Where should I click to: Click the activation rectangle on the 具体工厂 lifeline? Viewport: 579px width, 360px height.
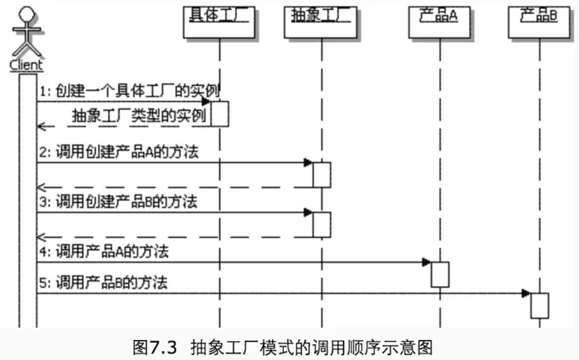(x=220, y=113)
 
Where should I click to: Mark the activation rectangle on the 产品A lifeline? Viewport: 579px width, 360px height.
(x=439, y=274)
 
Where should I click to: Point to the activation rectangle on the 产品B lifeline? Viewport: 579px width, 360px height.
(x=539, y=305)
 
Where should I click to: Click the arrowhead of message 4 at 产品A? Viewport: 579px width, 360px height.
(x=426, y=262)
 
